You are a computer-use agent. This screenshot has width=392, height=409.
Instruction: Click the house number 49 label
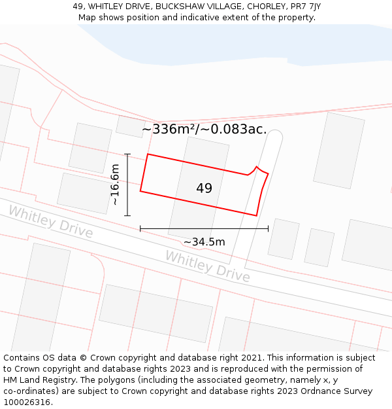click(204, 188)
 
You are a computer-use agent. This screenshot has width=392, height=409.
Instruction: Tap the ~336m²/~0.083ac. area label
click(204, 129)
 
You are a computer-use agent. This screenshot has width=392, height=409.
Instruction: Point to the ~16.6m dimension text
click(115, 185)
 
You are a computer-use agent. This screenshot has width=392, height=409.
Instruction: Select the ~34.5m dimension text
click(204, 242)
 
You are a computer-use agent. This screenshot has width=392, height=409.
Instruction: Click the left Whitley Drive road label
click(50, 221)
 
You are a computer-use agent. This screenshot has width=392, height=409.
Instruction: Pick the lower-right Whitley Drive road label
click(207, 266)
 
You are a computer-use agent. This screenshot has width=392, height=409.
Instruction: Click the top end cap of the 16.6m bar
click(127, 154)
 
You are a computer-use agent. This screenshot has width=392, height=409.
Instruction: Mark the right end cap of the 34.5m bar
click(268, 228)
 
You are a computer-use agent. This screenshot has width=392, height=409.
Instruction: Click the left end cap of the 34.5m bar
click(140, 228)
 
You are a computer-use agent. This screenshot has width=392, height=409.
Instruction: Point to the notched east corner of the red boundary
click(258, 167)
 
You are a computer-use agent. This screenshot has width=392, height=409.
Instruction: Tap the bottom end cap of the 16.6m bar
click(127, 215)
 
